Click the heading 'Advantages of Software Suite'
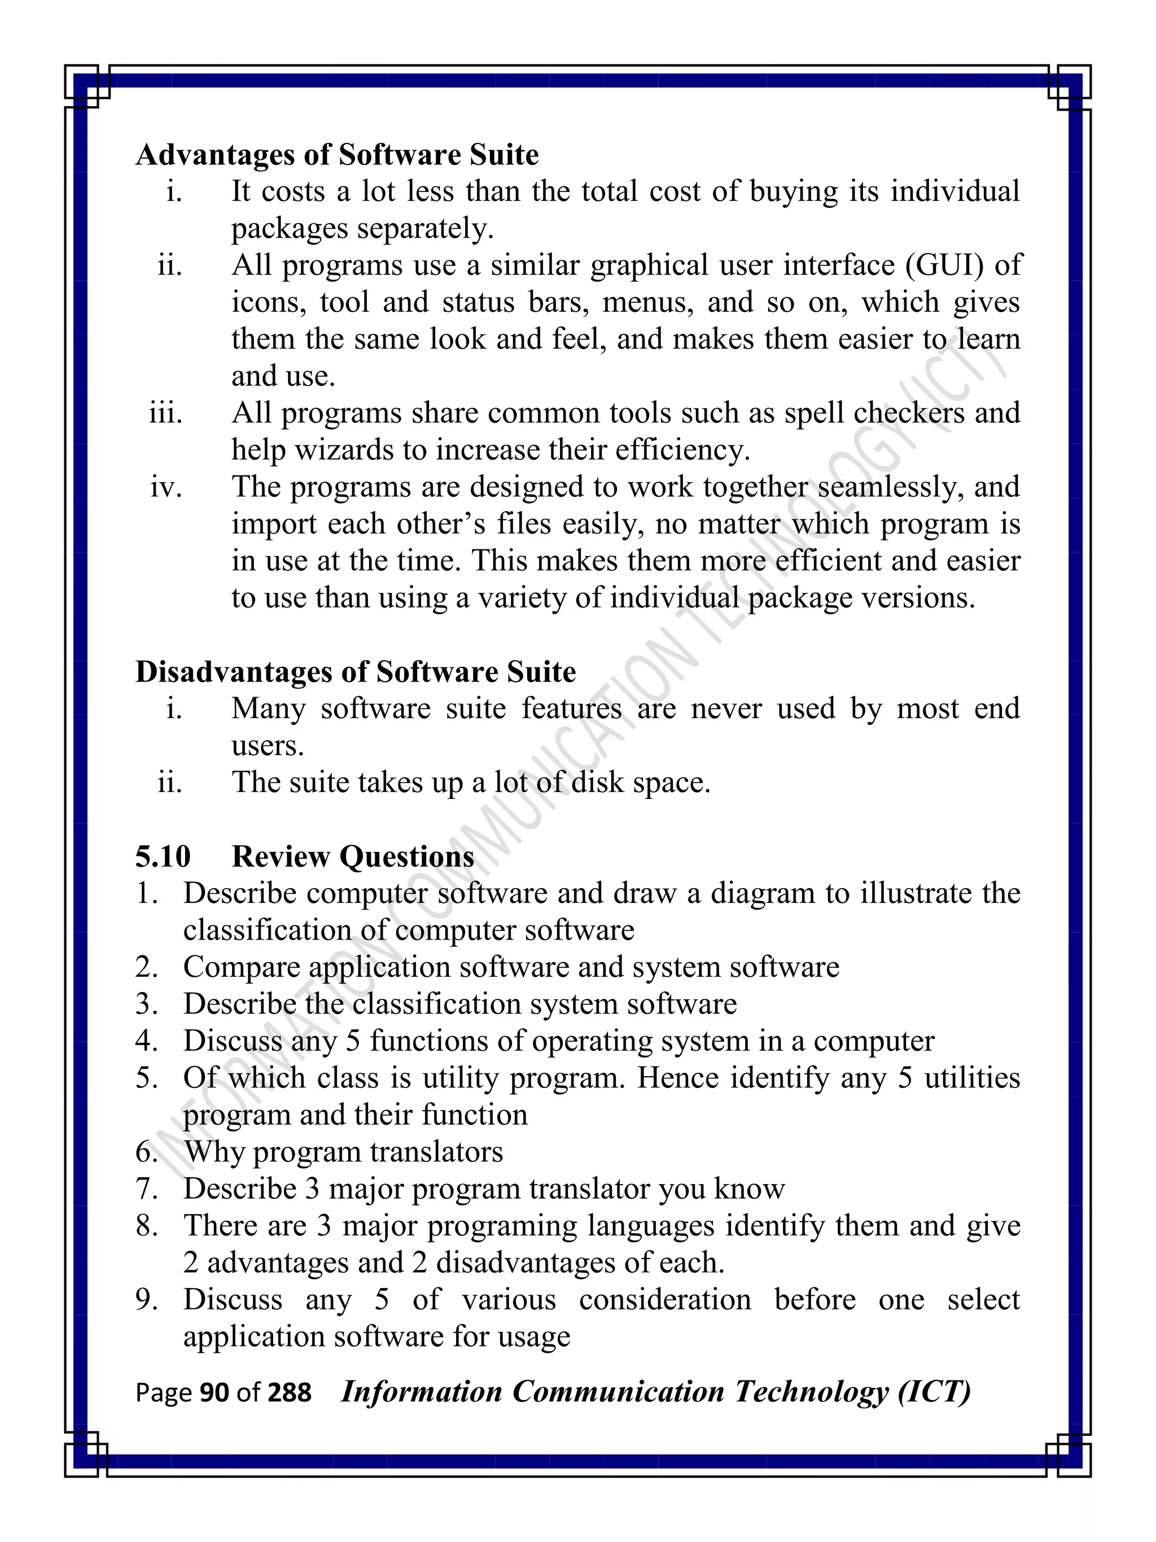click(337, 155)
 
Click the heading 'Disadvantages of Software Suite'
click(356, 672)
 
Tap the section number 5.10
click(163, 856)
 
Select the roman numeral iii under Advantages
click(166, 413)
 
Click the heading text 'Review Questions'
click(353, 856)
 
